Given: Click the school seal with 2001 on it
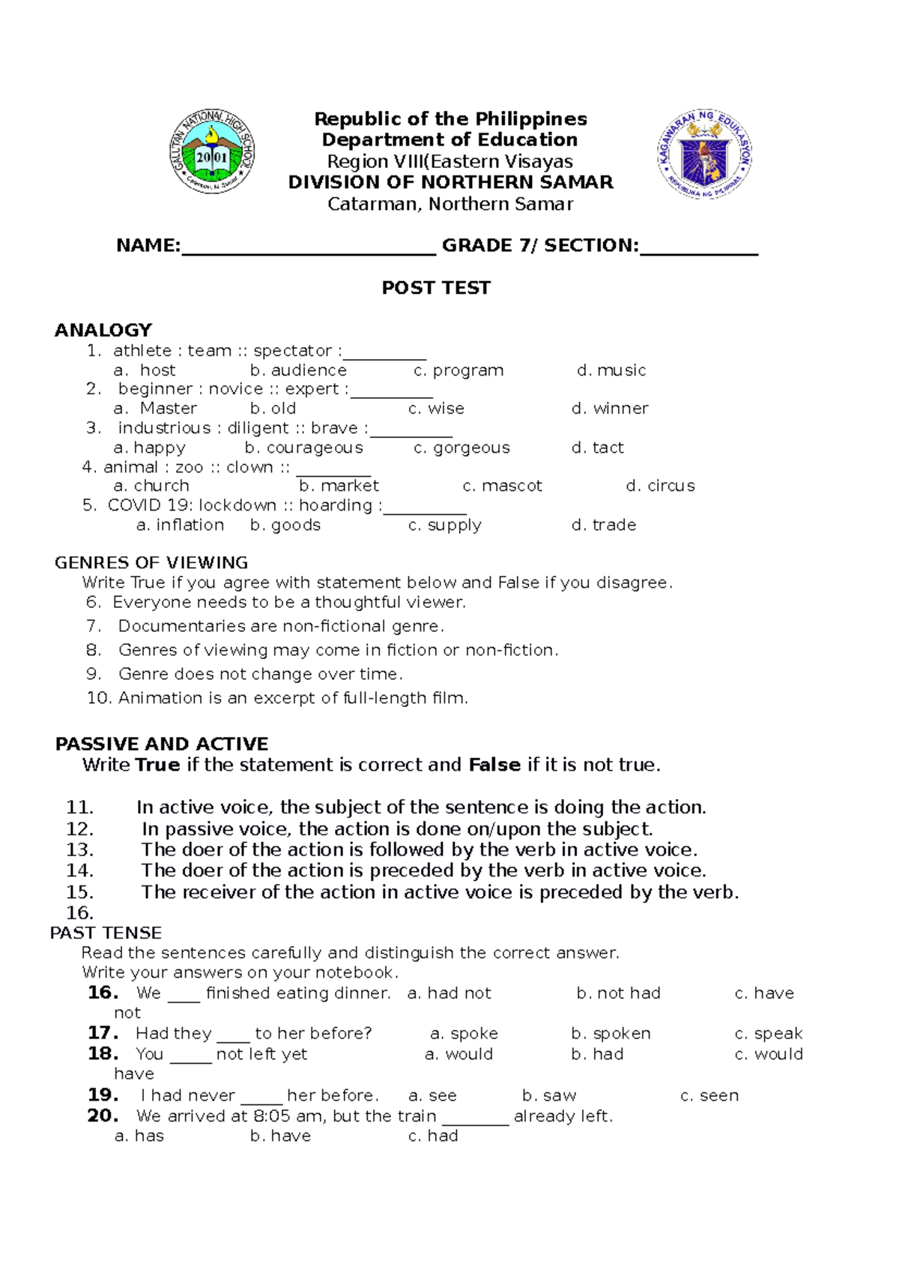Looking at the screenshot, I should [x=212, y=151].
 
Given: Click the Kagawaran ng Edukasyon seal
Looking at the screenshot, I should [x=704, y=154].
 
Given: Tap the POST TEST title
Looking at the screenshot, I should [x=436, y=288].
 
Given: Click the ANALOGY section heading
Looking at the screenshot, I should [x=103, y=330].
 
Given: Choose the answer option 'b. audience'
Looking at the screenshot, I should [x=298, y=370].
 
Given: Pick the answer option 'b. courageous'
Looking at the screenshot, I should [x=303, y=448].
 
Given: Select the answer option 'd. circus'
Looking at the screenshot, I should [x=660, y=486].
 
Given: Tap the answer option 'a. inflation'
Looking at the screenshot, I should [x=180, y=525].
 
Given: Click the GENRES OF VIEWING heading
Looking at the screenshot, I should [x=151, y=562].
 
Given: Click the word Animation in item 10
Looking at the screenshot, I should [x=160, y=698].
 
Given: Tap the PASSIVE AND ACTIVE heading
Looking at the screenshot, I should [x=162, y=744].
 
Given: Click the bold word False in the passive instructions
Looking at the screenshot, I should [x=494, y=765].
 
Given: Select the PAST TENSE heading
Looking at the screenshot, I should [x=106, y=933].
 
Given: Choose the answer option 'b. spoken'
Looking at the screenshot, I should [x=611, y=1033].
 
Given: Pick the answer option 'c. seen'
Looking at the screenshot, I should [x=709, y=1095].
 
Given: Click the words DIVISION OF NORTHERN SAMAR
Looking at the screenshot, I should [x=450, y=182].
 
